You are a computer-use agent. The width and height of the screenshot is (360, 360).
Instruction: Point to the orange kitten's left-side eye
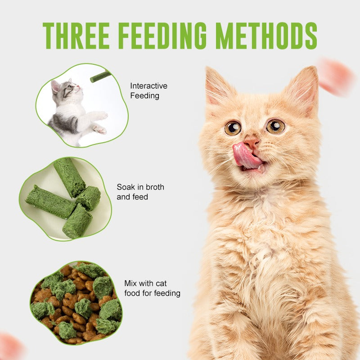233,128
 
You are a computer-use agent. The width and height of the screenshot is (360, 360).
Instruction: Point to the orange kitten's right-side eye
275,126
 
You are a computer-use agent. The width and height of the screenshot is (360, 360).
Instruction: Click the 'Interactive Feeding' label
148,90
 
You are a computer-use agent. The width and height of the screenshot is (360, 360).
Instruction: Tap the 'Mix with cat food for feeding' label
152,288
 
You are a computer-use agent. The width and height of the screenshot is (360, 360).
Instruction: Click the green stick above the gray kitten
100,76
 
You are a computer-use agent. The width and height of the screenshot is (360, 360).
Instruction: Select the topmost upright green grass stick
69,177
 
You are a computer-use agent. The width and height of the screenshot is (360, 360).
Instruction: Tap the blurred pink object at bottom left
10,347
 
